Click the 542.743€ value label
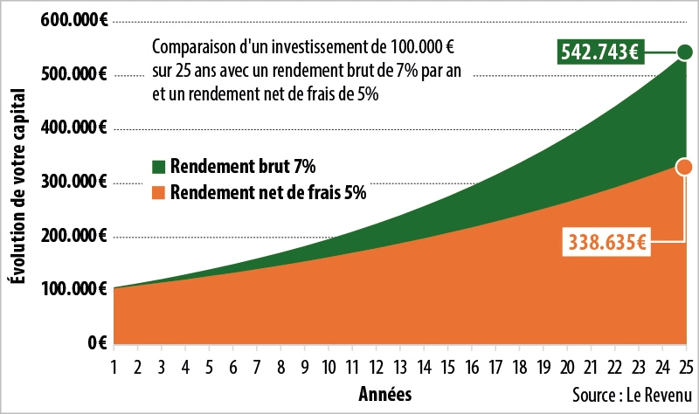coord(599,52)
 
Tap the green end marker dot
coord(684,52)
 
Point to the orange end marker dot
coord(684,167)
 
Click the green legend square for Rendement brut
coord(157,166)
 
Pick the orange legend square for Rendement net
coord(157,193)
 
